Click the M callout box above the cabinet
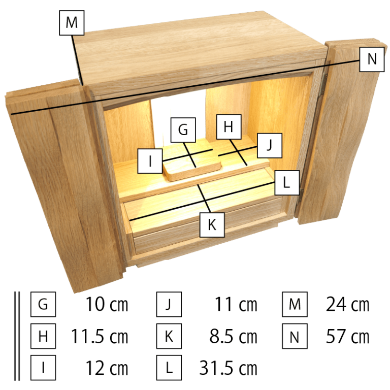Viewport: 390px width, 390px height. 72,23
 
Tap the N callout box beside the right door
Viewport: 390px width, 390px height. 372,59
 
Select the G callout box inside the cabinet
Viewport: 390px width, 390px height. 183,130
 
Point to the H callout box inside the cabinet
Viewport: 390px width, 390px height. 228,127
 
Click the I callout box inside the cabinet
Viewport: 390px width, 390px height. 150,161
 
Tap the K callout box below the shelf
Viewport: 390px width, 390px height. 212,225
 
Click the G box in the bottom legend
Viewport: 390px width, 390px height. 43,305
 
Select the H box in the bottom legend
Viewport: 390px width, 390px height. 43,336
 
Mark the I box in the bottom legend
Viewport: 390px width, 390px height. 43,367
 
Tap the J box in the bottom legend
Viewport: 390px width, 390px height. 170,305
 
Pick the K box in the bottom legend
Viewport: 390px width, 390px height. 170,336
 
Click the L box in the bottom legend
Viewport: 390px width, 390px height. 170,367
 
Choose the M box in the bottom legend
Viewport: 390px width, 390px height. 295,305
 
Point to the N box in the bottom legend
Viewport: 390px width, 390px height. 295,336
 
